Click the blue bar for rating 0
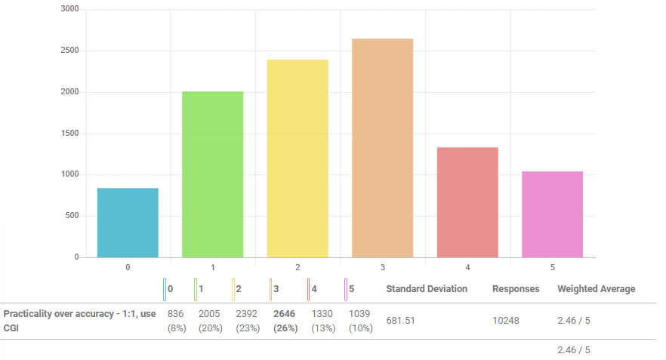[x=128, y=223]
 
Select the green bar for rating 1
[x=212, y=174]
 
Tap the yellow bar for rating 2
[x=298, y=158]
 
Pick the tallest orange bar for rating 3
[x=382, y=148]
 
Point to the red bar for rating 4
[x=467, y=202]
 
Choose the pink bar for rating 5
[x=552, y=214]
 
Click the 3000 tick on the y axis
[x=70, y=9]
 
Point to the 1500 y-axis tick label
[x=70, y=134]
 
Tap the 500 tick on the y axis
[x=72, y=216]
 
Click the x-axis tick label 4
[x=467, y=268]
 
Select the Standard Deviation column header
[x=427, y=289]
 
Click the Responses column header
[x=516, y=289]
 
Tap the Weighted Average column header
[x=596, y=289]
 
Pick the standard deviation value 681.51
[x=400, y=321]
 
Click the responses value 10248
[x=506, y=321]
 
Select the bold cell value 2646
[x=284, y=314]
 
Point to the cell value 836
[x=175, y=314]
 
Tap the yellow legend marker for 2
[x=233, y=289]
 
